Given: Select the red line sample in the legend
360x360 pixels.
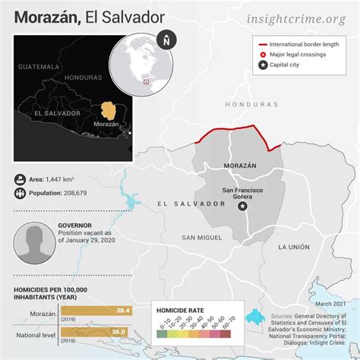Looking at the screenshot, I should [265, 46].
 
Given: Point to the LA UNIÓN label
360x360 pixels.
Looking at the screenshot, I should [294, 247].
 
